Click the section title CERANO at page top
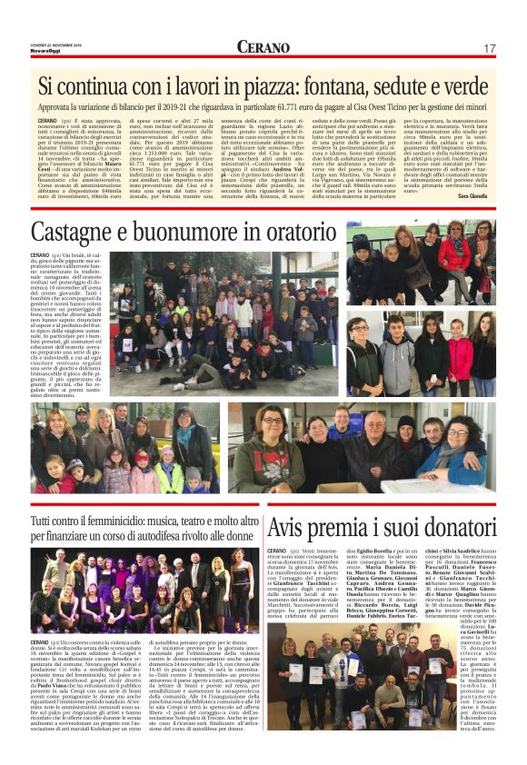coord(263,47)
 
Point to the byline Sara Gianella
coord(477,195)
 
